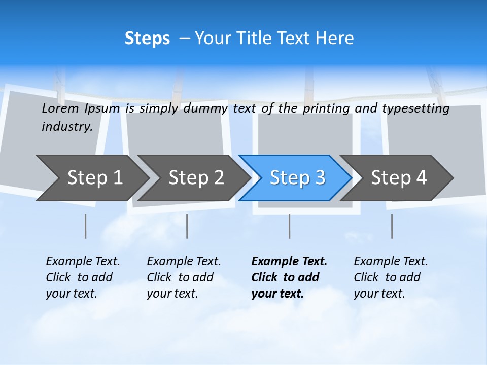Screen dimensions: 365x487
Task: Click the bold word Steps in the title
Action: pyautogui.click(x=147, y=39)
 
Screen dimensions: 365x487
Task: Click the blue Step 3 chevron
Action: pyautogui.click(x=297, y=178)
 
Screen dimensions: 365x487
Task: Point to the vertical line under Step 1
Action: pyautogui.click(x=86, y=226)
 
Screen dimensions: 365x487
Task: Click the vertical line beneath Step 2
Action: pyautogui.click(x=187, y=226)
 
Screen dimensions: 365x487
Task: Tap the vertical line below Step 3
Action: pyautogui.click(x=290, y=226)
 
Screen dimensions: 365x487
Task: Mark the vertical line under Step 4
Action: pyautogui.click(x=392, y=226)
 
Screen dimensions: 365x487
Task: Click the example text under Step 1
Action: pyautogui.click(x=83, y=277)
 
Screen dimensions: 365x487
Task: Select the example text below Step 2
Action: pyautogui.click(x=184, y=277)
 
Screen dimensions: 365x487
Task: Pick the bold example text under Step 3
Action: pyautogui.click(x=289, y=277)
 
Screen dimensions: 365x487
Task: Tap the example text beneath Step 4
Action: pyautogui.click(x=391, y=277)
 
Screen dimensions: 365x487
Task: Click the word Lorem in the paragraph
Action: pyautogui.click(x=60, y=108)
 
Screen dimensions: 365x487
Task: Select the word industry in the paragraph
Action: pyautogui.click(x=66, y=127)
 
